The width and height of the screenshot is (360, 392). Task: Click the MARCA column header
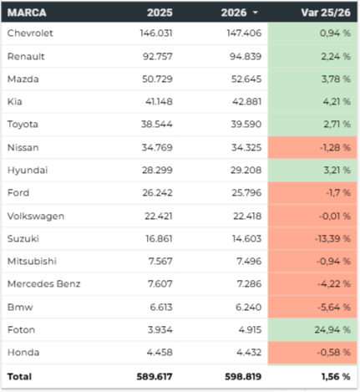(x=27, y=13)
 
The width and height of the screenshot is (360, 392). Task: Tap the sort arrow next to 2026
(x=256, y=13)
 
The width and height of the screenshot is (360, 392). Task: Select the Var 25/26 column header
(x=326, y=13)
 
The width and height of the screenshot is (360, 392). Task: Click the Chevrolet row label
(x=30, y=33)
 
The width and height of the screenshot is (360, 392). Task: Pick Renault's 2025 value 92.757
(x=158, y=56)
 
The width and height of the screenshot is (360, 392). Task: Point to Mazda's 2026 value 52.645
(x=246, y=79)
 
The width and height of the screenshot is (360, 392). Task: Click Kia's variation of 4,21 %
(x=337, y=102)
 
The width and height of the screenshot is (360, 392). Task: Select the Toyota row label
(x=23, y=125)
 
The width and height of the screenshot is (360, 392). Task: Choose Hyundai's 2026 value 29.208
(x=246, y=171)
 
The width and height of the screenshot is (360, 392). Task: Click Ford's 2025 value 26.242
(x=158, y=193)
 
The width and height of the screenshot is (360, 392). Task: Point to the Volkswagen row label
(x=36, y=216)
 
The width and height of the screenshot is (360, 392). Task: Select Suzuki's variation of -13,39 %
(x=332, y=239)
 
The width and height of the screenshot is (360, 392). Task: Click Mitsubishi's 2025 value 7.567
(x=160, y=262)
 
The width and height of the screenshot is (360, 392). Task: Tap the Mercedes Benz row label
(x=43, y=284)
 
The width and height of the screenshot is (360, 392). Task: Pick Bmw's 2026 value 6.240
(x=248, y=307)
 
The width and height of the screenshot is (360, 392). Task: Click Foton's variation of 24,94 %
(x=332, y=330)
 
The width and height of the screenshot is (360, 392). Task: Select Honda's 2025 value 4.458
(x=160, y=353)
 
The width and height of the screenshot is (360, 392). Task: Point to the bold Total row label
(x=19, y=377)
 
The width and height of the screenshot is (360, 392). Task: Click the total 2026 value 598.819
(x=243, y=377)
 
